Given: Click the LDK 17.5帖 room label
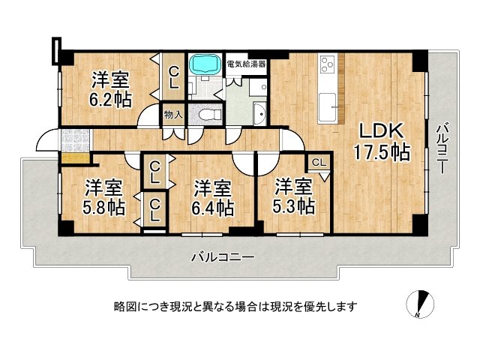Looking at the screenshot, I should [x=382, y=140].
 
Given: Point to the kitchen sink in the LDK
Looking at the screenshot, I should [x=328, y=104].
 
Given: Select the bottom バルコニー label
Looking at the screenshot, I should [x=222, y=256].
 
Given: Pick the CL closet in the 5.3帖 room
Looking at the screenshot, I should [x=318, y=162].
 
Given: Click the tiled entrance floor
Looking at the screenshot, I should [x=76, y=139].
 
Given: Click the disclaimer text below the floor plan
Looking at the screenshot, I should [x=235, y=306].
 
